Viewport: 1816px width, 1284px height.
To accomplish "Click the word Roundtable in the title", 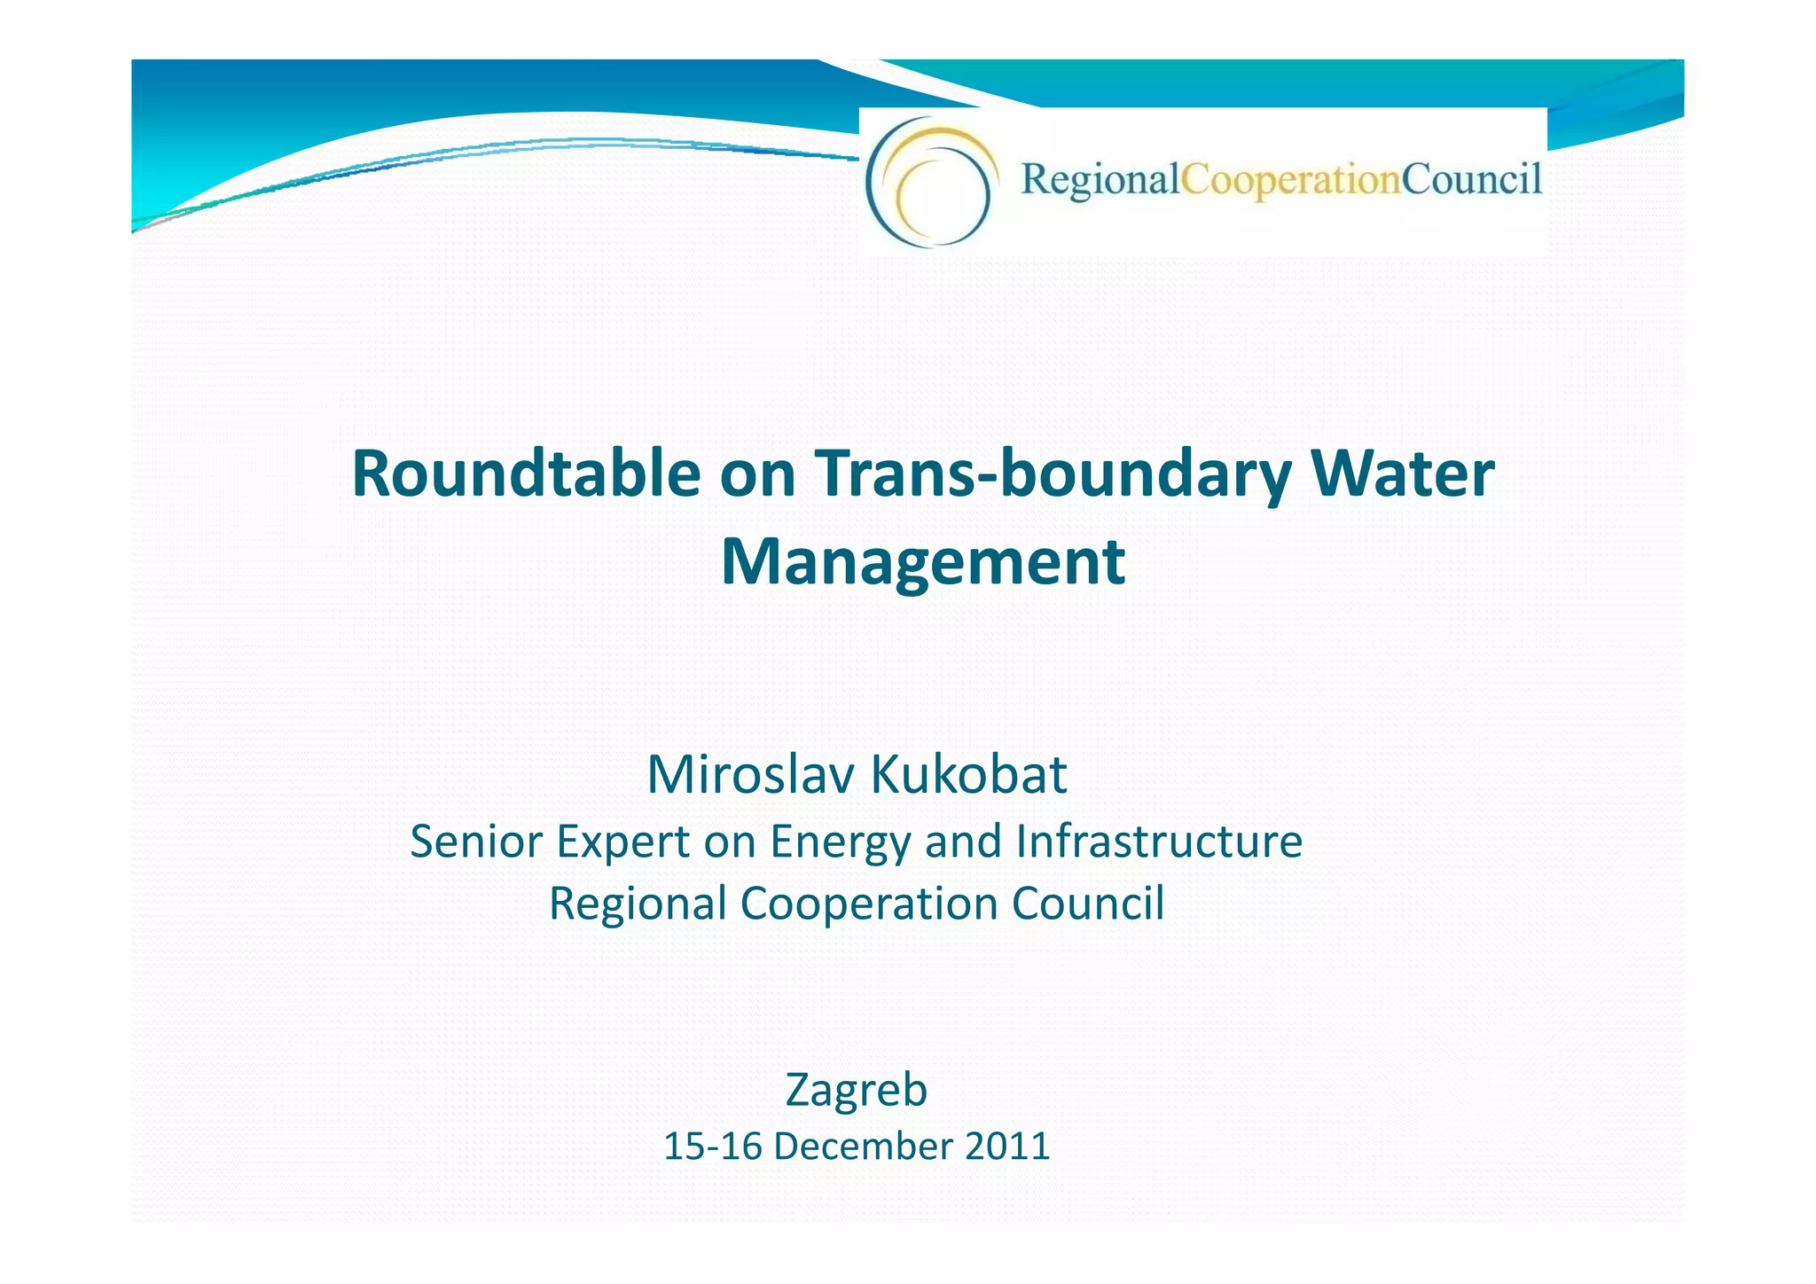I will tap(526, 474).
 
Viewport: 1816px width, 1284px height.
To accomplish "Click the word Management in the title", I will tap(923, 562).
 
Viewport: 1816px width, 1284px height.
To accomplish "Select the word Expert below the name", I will tap(623, 842).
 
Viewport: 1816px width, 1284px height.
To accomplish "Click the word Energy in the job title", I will tap(840, 842).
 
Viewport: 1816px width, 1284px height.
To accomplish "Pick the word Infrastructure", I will tap(1159, 841).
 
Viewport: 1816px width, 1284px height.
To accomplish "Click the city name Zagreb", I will tap(856, 1091).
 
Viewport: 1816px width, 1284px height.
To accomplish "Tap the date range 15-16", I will tap(713, 1146).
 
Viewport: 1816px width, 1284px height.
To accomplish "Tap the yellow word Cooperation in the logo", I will tap(1290, 180).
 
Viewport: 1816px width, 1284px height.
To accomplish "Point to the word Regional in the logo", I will tap(1100, 180).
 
